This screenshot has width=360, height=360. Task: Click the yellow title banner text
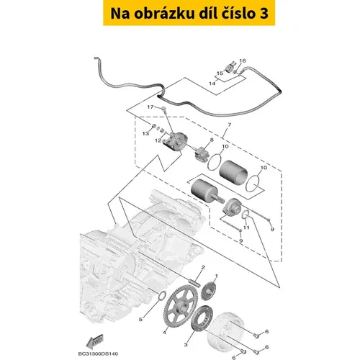[x=189, y=14]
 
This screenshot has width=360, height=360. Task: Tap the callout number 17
[x=150, y=107]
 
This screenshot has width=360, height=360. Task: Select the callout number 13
[x=145, y=133]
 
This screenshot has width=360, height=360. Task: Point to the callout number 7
[x=230, y=125]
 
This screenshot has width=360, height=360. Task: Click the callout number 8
[x=212, y=140]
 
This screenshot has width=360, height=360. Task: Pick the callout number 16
[x=243, y=60]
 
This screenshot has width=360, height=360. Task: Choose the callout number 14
[x=212, y=84]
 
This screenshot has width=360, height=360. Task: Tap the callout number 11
[x=246, y=228]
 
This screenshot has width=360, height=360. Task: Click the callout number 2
[x=203, y=267]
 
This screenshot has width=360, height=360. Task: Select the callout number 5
[x=140, y=320]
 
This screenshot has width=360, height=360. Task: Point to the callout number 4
[x=164, y=333]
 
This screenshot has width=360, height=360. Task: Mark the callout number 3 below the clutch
[x=186, y=345]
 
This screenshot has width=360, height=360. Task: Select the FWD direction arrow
[x=94, y=341]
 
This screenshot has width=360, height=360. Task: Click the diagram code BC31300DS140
[x=98, y=354]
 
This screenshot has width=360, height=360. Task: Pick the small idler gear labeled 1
[x=209, y=291]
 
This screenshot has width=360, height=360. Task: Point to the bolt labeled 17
[x=164, y=109]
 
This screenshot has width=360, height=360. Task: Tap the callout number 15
[x=220, y=73]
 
